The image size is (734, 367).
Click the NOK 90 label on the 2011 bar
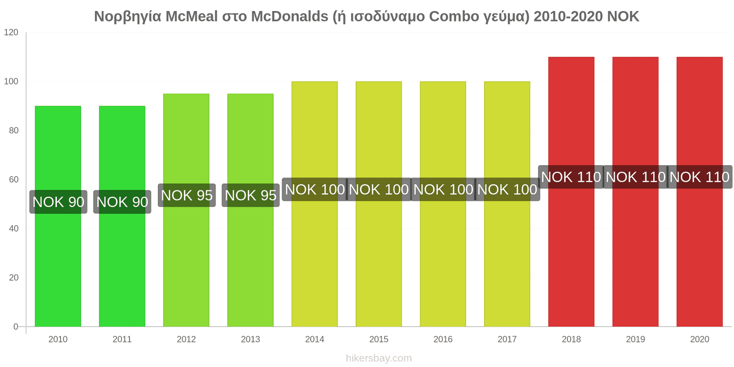coord(122,202)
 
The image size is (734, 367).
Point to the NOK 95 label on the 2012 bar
coord(187,195)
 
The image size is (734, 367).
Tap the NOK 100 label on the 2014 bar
coord(315,189)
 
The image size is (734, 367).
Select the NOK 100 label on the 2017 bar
coord(507,189)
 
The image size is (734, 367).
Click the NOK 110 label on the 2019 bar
coord(635,177)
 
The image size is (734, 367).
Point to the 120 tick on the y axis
coord(11,33)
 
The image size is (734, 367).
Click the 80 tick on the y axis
coord(14,131)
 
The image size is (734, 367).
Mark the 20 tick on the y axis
coord(14,278)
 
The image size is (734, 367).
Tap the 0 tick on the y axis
coord(16,327)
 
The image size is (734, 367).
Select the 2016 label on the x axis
coord(443,339)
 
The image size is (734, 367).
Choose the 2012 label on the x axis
coord(186,339)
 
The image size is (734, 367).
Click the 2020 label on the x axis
coord(700,339)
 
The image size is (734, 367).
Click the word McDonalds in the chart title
coord(290,17)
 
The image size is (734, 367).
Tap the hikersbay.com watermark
coord(379,358)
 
